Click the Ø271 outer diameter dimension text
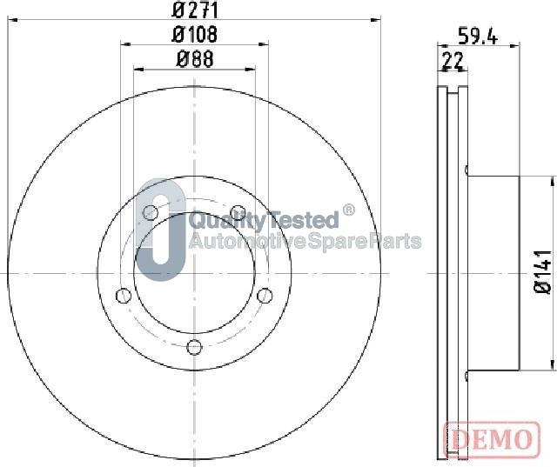coord(195,10)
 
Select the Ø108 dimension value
coord(195,35)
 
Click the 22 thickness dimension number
coord(452,60)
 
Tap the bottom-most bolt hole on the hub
coord(195,347)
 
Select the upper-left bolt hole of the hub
coord(151,212)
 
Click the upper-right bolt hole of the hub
coord(237,211)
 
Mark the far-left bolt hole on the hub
coord(123,294)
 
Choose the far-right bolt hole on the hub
coord(265,293)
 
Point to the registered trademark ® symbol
coord(349,210)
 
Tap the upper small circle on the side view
coord(466,170)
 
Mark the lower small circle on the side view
coord(466,376)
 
